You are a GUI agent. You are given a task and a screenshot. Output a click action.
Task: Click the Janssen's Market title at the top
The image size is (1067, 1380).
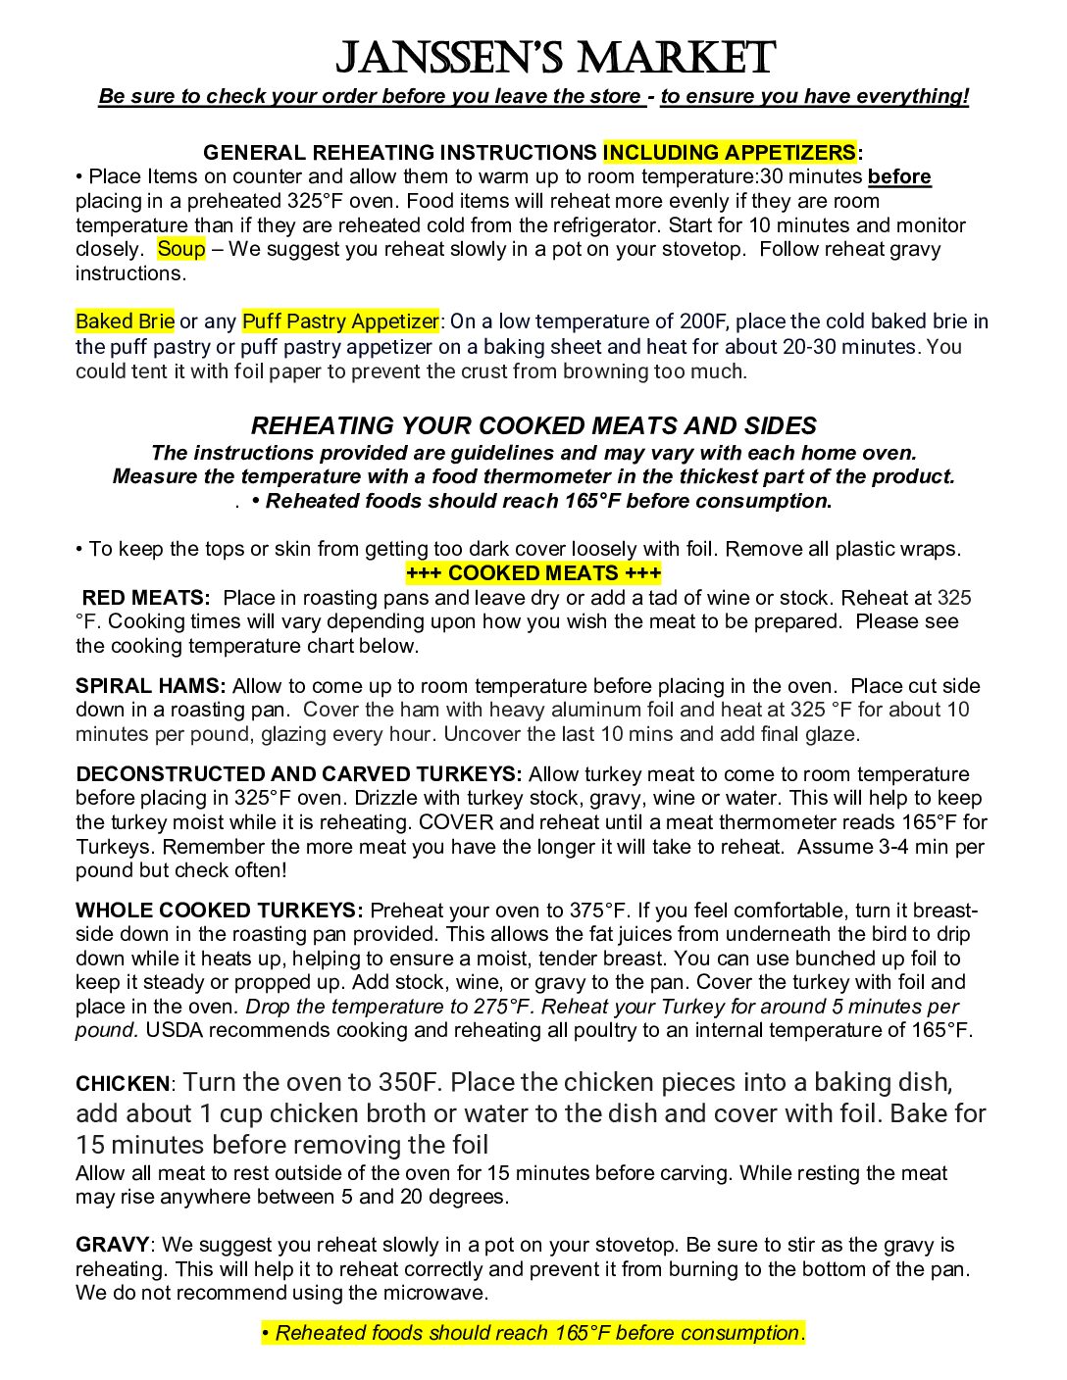[555, 58]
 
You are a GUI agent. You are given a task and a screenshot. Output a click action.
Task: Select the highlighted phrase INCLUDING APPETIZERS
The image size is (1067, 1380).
[729, 153]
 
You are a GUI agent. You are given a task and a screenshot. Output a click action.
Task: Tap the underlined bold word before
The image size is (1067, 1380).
[899, 177]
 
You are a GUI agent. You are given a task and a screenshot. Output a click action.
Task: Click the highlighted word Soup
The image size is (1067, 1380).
[181, 249]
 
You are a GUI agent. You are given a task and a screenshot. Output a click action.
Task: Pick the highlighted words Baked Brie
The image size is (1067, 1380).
[125, 321]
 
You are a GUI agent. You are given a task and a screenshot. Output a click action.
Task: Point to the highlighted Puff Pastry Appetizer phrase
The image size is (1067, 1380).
[340, 321]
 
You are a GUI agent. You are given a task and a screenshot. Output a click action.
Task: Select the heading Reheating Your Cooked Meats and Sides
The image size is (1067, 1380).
[533, 426]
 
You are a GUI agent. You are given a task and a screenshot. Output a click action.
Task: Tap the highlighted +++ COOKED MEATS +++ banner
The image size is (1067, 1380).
[533, 573]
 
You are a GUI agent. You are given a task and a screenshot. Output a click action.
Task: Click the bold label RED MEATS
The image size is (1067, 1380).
[146, 598]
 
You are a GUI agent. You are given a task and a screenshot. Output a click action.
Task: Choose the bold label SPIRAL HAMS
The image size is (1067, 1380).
[150, 686]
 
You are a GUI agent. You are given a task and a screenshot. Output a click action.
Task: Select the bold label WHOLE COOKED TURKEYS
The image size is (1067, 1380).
[219, 911]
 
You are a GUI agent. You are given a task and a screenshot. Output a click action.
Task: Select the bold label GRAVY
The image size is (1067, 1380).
[112, 1246]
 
